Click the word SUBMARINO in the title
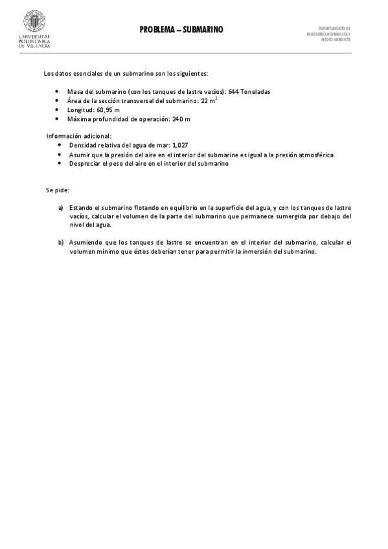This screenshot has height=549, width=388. click(203, 30)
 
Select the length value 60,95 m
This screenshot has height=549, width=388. click(108, 110)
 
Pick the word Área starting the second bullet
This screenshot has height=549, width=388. click(74, 101)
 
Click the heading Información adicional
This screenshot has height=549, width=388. click(78, 136)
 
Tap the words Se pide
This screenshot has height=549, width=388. click(56, 191)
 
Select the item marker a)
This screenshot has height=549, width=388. click(60, 207)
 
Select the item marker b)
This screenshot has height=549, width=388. click(60, 243)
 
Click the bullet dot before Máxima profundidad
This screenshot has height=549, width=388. click(58, 119)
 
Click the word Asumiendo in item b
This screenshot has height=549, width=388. click(85, 243)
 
